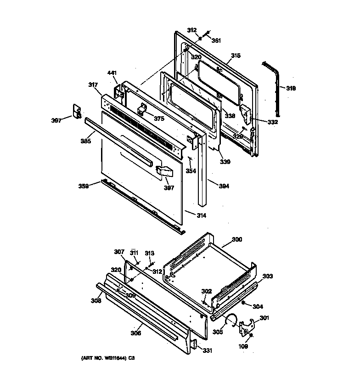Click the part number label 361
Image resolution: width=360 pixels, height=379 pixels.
(216, 40)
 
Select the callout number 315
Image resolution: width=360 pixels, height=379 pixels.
(235, 56)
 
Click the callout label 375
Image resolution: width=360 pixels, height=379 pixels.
(159, 119)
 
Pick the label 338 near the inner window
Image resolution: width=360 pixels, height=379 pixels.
(230, 116)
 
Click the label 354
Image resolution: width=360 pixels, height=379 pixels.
(191, 171)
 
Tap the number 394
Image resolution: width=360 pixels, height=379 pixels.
(224, 187)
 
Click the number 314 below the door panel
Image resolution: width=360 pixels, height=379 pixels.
(201, 215)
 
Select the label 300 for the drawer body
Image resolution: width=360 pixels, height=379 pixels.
(236, 239)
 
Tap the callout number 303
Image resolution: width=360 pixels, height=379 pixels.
(267, 276)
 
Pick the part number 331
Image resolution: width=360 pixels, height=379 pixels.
(208, 351)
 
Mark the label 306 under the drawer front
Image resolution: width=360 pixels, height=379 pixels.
(135, 333)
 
